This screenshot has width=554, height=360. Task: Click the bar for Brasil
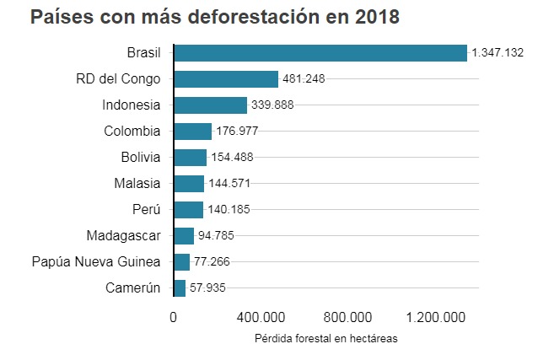point(320,52)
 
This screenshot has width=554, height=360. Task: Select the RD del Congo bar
point(226,79)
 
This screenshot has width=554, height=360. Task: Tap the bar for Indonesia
point(211,105)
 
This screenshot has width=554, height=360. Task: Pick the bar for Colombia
point(193,132)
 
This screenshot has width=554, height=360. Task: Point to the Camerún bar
point(180,288)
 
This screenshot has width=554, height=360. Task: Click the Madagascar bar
point(184,236)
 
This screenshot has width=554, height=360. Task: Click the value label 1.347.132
point(498,53)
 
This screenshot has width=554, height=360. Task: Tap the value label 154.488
point(232,158)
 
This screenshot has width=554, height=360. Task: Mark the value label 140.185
point(229,210)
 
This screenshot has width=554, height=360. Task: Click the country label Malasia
point(137,183)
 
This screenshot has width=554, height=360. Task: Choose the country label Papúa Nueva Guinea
point(95,262)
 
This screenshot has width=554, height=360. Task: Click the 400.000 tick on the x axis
point(261,318)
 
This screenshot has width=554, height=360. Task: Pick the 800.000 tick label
point(347,318)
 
